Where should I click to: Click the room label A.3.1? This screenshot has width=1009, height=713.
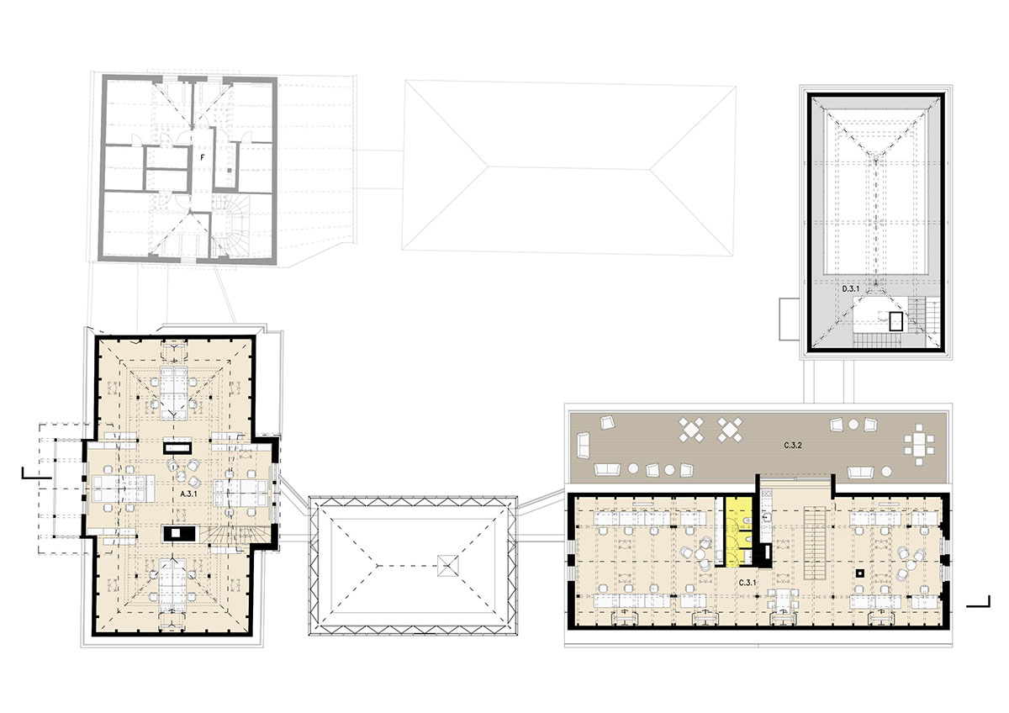click(x=187, y=494)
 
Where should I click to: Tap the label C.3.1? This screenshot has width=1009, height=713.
click(x=747, y=583)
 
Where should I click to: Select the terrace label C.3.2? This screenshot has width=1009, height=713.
click(x=793, y=446)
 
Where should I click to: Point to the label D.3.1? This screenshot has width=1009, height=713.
click(x=850, y=288)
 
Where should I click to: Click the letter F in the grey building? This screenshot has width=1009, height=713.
click(x=203, y=157)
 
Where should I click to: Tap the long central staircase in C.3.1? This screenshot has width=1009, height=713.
click(x=816, y=544)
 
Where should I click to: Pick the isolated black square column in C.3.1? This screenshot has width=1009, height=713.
click(x=860, y=573)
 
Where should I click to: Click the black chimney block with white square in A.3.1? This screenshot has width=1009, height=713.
click(x=179, y=533)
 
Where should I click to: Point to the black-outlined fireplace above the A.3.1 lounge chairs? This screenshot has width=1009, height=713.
click(x=177, y=447)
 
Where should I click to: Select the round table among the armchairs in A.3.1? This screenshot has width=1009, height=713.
click(x=182, y=475)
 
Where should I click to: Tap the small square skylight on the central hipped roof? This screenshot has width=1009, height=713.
click(x=448, y=565)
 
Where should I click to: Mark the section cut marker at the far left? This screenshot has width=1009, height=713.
click(x=30, y=473)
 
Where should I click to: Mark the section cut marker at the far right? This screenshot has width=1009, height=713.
click(x=978, y=601)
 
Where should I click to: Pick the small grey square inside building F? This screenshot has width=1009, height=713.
click(x=230, y=170)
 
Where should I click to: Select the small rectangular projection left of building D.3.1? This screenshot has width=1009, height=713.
click(x=790, y=319)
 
